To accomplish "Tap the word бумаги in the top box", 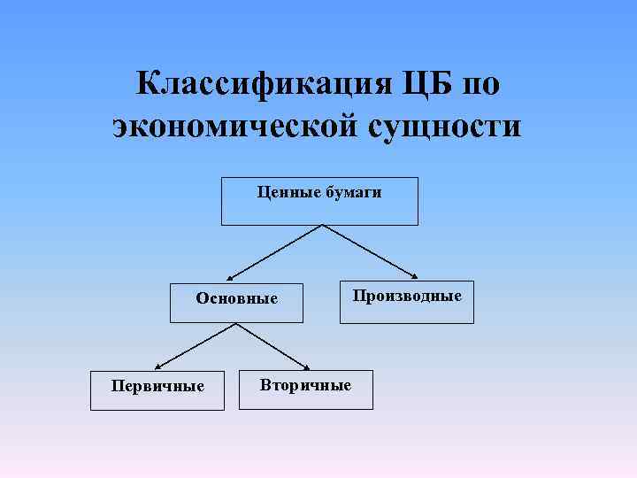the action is (353, 191).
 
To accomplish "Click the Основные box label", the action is (236, 298).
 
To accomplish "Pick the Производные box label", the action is (407, 296).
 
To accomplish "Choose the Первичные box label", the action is (157, 386).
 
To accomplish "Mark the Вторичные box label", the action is (305, 385).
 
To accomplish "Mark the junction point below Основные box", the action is (236, 323).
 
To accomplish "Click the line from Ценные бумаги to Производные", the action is (369, 251).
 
